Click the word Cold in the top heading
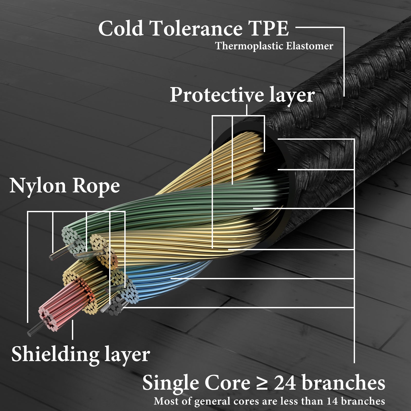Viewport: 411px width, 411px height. [121, 29]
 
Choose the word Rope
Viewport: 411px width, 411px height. [96, 186]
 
